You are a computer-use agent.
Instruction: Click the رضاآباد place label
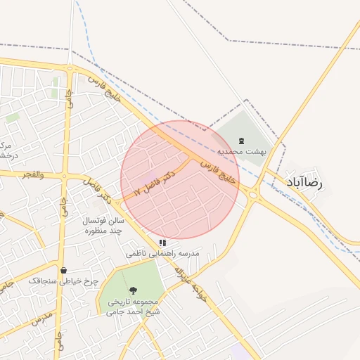click(x=304, y=182)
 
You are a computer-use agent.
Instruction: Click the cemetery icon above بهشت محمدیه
click(x=241, y=141)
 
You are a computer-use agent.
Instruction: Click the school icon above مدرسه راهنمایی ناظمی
click(x=163, y=243)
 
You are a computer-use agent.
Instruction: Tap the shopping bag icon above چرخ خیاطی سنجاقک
click(x=64, y=270)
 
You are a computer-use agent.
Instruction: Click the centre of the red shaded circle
click(x=180, y=179)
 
